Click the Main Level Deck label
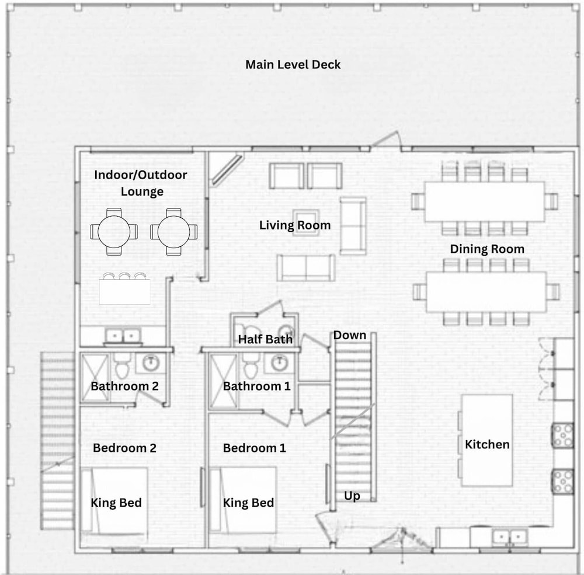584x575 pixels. coord(293,64)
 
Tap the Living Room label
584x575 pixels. coord(294,225)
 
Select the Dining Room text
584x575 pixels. coord(487,249)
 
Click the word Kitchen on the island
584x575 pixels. coord(487,444)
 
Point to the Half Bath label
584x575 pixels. coord(265,339)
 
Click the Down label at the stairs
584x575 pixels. coord(349,335)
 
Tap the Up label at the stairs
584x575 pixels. coord(352,496)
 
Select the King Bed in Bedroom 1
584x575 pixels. coord(243,500)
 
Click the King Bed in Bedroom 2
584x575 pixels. coord(114,500)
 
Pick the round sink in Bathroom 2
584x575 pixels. coord(151,363)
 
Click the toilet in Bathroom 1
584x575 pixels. coord(251,365)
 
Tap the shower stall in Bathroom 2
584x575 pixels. coord(95,378)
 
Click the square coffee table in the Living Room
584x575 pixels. coord(306,222)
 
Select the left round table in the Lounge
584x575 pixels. coord(114,232)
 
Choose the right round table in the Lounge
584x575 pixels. coord(174,232)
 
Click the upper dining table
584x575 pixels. coord(485,201)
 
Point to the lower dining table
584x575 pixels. coord(486,292)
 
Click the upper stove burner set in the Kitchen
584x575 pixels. coord(563,435)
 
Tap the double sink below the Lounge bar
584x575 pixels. coord(123,336)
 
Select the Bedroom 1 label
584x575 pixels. coord(255,448)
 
